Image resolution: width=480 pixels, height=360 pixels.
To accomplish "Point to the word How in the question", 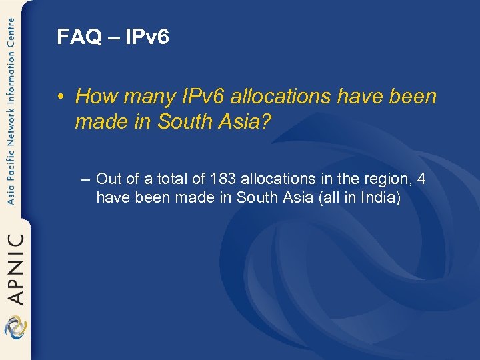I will [93, 97].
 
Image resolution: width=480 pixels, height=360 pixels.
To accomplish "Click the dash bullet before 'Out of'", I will [85, 179].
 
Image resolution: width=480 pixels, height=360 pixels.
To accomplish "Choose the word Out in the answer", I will [108, 179].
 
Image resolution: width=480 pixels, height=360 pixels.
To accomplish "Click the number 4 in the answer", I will [421, 179].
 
